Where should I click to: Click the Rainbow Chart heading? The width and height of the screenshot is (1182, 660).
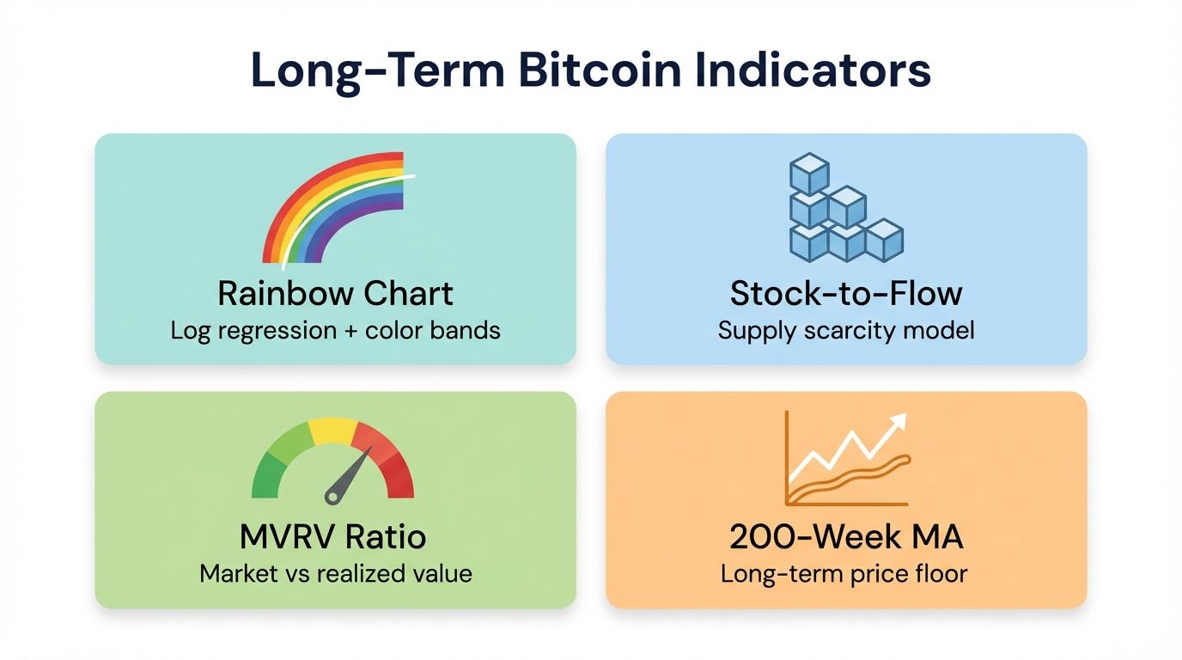pos(335,294)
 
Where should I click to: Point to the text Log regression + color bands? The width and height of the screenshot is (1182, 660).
pos(335,330)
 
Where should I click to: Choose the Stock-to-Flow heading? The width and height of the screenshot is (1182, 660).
pos(846,294)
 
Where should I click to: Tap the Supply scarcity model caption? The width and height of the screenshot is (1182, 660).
pos(846,330)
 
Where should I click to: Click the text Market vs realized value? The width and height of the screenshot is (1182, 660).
pos(335,573)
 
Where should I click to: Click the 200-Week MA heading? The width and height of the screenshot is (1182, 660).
pos(846,538)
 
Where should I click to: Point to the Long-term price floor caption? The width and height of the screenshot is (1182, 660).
pos(846,573)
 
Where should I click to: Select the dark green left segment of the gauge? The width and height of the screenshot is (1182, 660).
pos(267,478)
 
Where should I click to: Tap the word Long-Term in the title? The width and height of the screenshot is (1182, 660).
pos(378,71)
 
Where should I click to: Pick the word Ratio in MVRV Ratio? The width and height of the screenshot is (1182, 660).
pos(386,538)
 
